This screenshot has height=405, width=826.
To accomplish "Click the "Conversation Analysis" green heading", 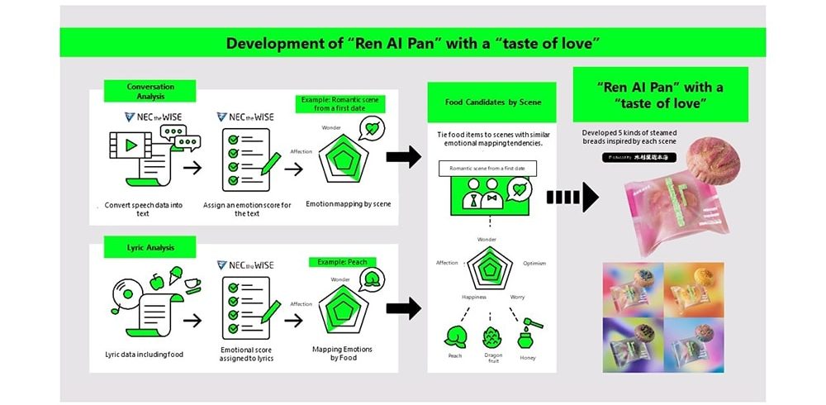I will pos(150,91).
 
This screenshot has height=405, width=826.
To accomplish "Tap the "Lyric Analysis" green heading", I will pos(150,246).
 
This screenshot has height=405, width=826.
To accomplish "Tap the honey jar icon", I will pos(526,335).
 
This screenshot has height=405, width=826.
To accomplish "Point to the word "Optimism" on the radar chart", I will pos(535,263).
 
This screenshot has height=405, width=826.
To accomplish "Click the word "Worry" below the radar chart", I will pos(517,297).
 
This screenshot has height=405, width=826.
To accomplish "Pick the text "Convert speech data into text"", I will pos(144,208).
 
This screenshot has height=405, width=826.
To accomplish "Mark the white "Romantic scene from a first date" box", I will pos(487,169).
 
